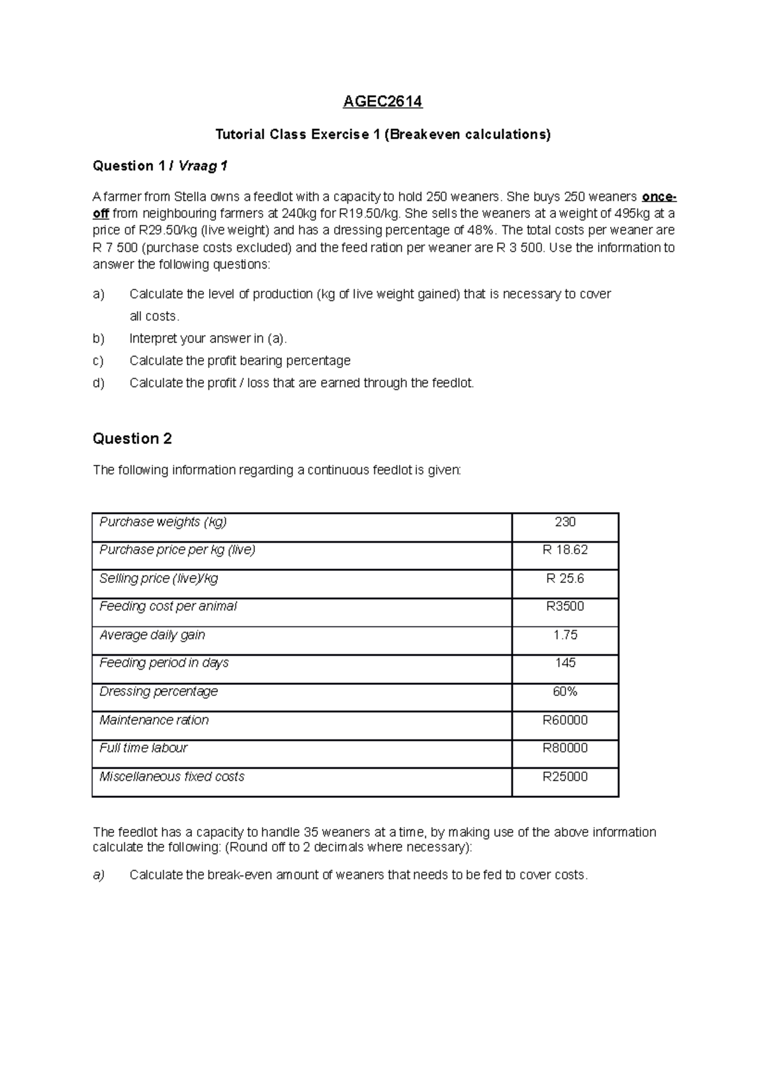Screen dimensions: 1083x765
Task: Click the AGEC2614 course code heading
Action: [382, 101]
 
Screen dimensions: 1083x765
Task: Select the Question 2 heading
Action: [132, 439]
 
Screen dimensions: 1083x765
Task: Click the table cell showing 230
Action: [565, 522]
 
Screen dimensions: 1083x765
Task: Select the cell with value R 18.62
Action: [565, 550]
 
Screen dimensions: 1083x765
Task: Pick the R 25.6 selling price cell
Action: [565, 578]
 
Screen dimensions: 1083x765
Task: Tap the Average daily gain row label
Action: [152, 635]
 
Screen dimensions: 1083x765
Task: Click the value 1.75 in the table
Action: [565, 635]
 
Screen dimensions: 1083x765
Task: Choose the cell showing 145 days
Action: [565, 663]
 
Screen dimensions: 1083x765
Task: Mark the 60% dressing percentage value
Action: [565, 692]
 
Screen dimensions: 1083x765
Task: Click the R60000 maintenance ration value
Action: [565, 721]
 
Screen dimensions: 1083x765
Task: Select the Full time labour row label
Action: [143, 748]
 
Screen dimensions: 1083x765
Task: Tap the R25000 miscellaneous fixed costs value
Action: [565, 777]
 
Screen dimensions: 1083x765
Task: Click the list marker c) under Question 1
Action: [98, 361]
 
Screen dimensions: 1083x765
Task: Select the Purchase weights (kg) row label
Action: [163, 522]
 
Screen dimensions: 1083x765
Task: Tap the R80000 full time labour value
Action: [565, 748]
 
